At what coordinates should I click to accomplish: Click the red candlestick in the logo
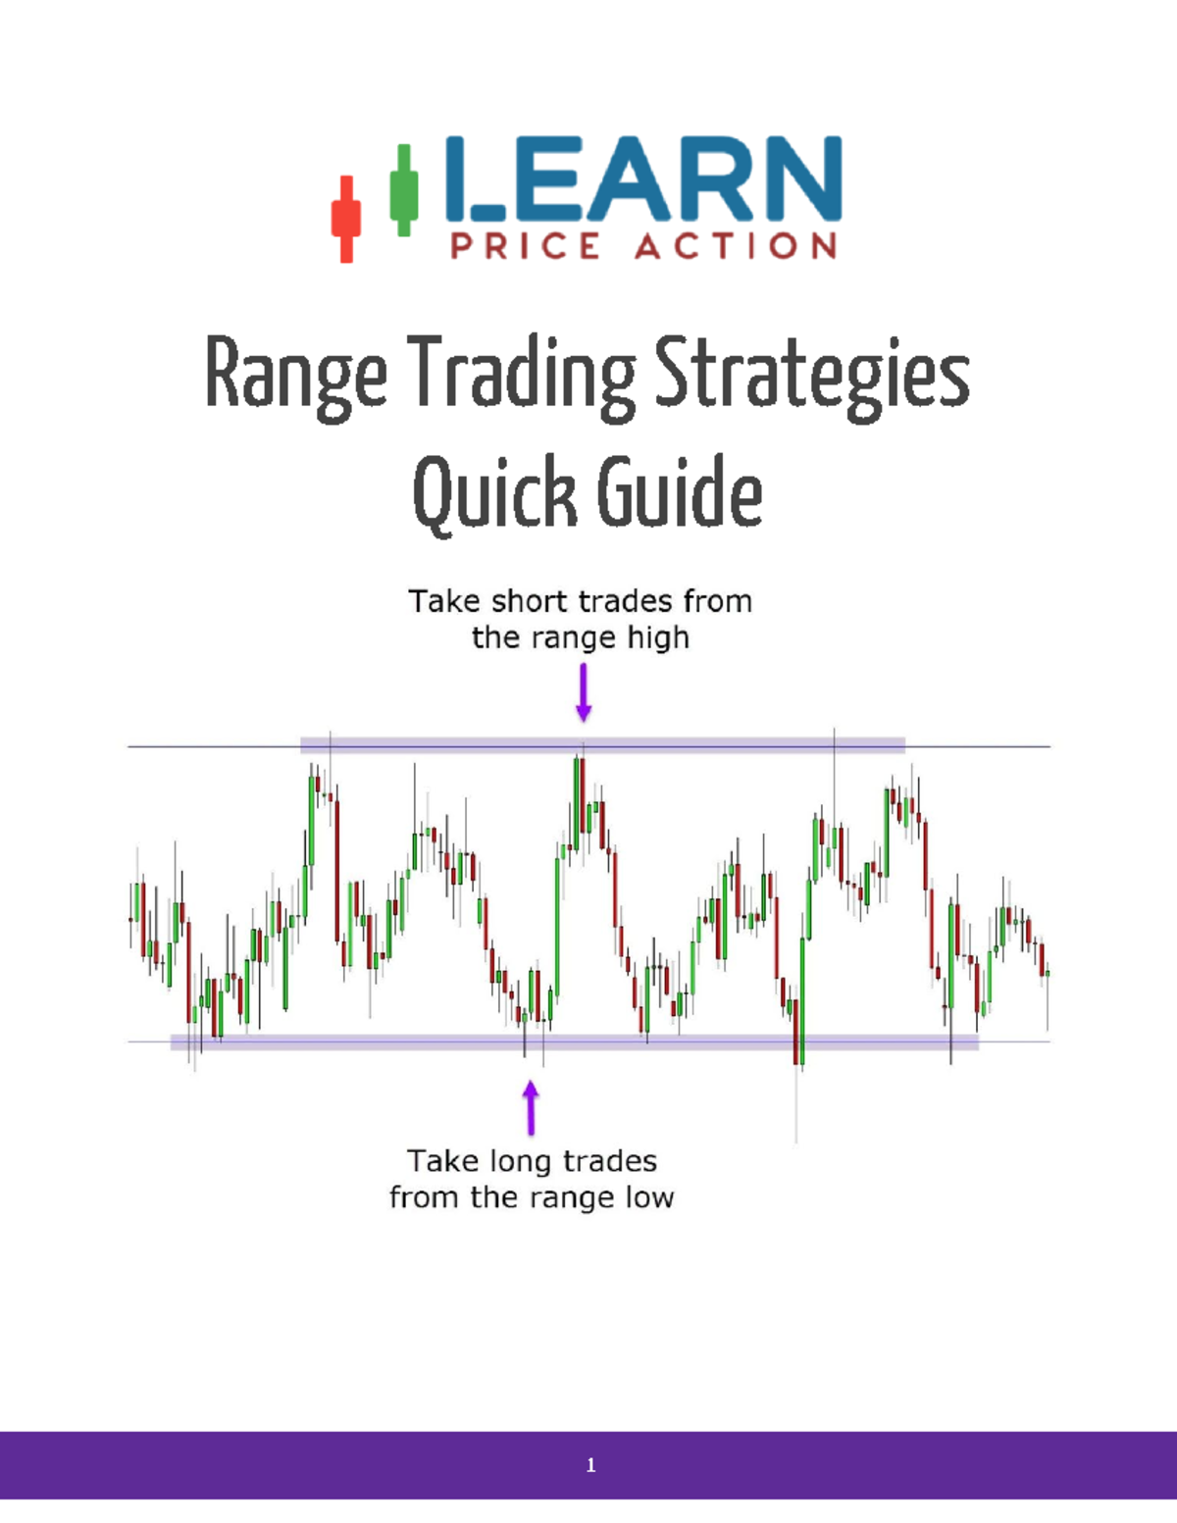(x=345, y=219)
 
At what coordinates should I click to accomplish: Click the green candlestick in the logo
(x=403, y=189)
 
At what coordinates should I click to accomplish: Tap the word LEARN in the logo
(x=642, y=178)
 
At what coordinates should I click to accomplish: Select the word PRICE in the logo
(x=525, y=245)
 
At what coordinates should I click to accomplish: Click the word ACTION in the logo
(x=736, y=245)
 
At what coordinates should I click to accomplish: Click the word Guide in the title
(x=679, y=491)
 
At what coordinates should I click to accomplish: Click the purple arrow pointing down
(x=584, y=692)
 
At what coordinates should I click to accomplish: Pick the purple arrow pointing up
(x=531, y=1107)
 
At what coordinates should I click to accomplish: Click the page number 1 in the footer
(x=590, y=1465)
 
